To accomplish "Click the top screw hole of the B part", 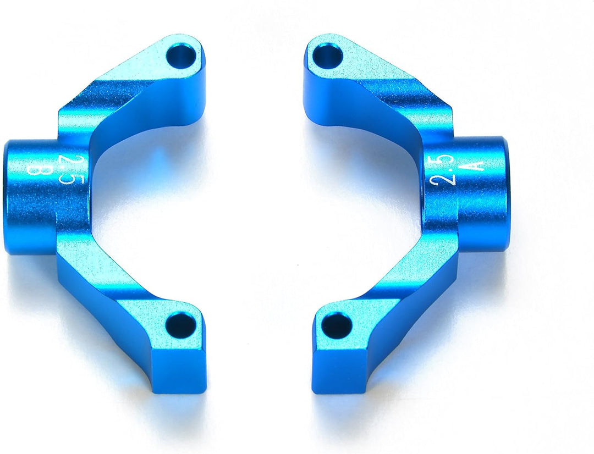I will click(x=182, y=56).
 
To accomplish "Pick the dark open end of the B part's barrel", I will click(x=6, y=198).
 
